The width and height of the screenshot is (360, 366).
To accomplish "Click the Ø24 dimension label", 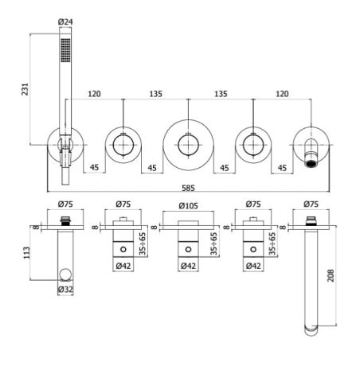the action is pyautogui.click(x=65, y=21).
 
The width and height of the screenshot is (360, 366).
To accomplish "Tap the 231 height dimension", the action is pyautogui.click(x=25, y=89).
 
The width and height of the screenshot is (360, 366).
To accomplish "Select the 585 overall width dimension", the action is pyautogui.click(x=188, y=188).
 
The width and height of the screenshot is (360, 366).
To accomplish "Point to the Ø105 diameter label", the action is pyautogui.click(x=188, y=206).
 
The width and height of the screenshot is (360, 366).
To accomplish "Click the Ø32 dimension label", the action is pyautogui.click(x=65, y=290).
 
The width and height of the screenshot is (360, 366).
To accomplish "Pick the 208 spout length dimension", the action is pyautogui.click(x=331, y=275).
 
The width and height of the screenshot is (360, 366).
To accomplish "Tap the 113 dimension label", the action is pyautogui.click(x=27, y=253).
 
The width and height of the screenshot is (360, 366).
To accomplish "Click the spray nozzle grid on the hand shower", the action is pyautogui.click(x=65, y=50).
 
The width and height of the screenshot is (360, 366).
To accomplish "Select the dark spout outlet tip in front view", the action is pyautogui.click(x=311, y=162).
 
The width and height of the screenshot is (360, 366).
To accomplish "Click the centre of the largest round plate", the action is pyautogui.click(x=188, y=145).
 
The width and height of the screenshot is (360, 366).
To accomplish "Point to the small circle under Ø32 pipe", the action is pyautogui.click(x=65, y=274).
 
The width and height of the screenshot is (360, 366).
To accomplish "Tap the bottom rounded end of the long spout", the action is pyautogui.click(x=311, y=331).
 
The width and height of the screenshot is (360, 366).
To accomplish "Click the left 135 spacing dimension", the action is pyautogui.click(x=155, y=94).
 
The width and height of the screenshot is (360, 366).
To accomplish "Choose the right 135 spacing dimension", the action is pyautogui.click(x=221, y=94).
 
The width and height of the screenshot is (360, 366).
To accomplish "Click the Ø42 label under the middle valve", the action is pyautogui.click(x=188, y=266).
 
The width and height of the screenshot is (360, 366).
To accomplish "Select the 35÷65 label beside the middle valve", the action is pyautogui.click(x=213, y=243).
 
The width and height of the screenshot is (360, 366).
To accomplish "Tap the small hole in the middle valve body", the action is pyautogui.click(x=188, y=250).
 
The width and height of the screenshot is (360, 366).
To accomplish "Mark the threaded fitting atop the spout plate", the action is pyautogui.click(x=311, y=221).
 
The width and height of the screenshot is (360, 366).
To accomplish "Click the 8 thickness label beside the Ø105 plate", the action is pyautogui.click(x=154, y=228).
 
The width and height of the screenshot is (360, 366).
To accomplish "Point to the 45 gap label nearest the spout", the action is pyautogui.click(x=282, y=168).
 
